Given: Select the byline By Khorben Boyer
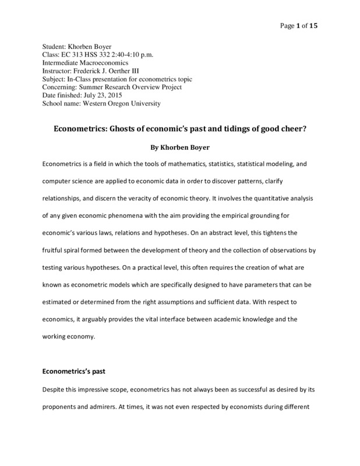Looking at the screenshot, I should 179,149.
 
